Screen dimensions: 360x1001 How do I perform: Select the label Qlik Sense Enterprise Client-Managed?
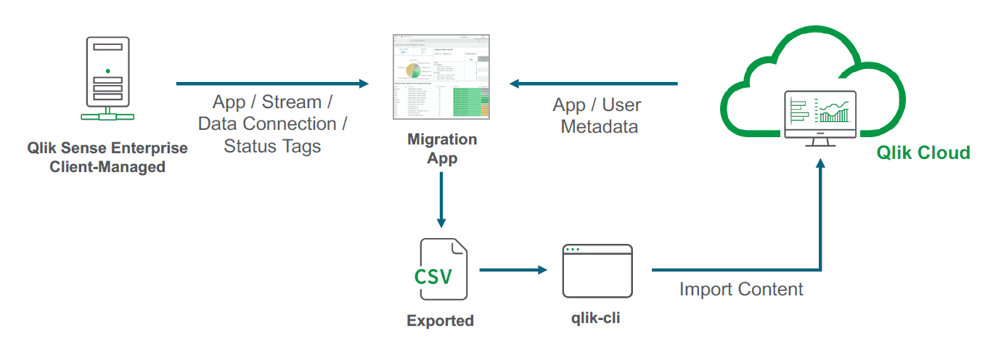click(x=107, y=157)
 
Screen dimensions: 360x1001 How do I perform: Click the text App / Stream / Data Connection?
click(x=272, y=113)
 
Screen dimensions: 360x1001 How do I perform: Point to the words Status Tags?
click(x=272, y=146)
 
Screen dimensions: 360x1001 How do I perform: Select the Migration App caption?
click(x=442, y=149)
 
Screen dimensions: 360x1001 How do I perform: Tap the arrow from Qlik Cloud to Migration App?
click(x=593, y=84)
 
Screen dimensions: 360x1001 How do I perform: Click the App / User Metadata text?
click(x=597, y=115)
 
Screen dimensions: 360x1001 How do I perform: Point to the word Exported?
click(x=440, y=320)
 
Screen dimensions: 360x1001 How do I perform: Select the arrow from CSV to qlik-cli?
click(x=512, y=270)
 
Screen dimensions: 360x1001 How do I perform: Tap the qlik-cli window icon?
click(x=597, y=271)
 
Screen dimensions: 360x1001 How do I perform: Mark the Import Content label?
click(x=741, y=289)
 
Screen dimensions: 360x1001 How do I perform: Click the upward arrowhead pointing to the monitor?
click(x=821, y=166)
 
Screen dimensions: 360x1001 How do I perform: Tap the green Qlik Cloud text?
click(x=923, y=152)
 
